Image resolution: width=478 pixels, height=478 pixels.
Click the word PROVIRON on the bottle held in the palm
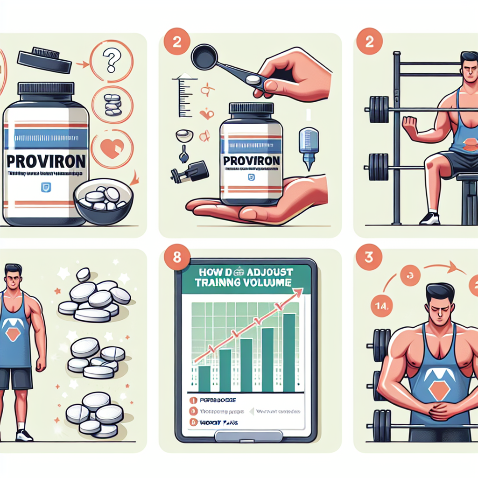coord(252,161)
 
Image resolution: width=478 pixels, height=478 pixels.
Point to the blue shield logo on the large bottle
coord(46,187)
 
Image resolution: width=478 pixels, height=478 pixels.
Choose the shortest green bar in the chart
coord(204,379)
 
